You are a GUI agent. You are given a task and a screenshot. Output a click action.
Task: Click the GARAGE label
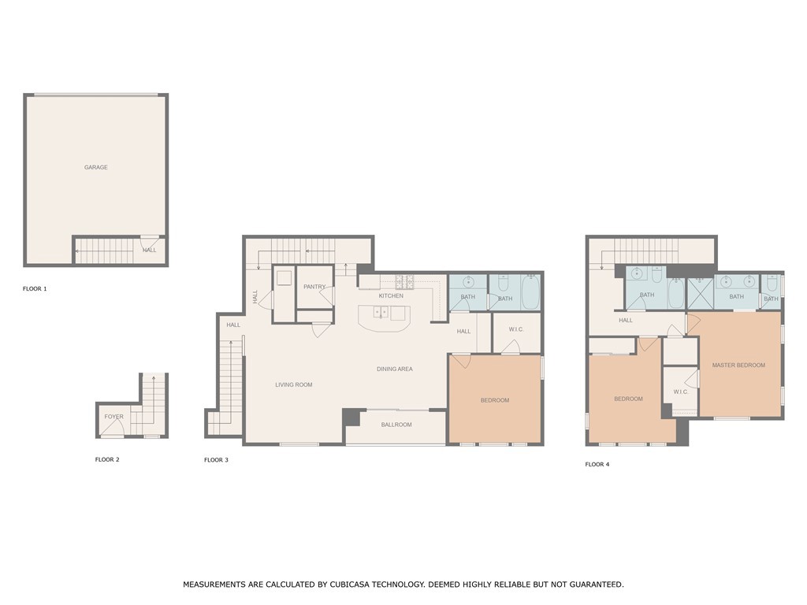(x=96, y=167)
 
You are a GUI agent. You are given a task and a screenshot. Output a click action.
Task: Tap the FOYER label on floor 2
(x=113, y=417)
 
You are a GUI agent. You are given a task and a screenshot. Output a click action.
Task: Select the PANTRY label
(x=314, y=287)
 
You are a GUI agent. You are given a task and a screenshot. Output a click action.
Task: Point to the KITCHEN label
(x=391, y=295)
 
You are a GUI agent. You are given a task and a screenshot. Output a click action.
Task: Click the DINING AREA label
(x=394, y=369)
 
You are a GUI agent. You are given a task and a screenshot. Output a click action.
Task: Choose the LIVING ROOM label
(x=293, y=384)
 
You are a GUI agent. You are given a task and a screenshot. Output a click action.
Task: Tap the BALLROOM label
(x=396, y=425)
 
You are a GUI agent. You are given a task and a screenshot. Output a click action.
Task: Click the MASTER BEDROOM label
(x=738, y=365)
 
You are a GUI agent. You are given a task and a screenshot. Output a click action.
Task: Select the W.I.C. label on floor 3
(x=516, y=329)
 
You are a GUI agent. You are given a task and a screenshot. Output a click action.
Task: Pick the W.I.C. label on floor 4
(x=681, y=392)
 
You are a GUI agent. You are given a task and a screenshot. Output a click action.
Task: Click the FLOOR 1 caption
(x=35, y=289)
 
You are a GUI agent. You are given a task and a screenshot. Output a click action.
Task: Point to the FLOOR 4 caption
(x=597, y=465)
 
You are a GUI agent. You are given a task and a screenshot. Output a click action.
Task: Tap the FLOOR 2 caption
(x=107, y=459)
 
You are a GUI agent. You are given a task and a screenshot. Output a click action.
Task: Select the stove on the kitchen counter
(x=404, y=280)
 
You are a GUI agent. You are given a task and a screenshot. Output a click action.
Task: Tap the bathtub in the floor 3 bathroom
(x=530, y=291)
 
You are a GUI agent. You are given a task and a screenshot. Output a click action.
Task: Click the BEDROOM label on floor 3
(x=495, y=400)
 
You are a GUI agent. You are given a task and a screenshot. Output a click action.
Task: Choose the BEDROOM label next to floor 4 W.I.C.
(x=628, y=399)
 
